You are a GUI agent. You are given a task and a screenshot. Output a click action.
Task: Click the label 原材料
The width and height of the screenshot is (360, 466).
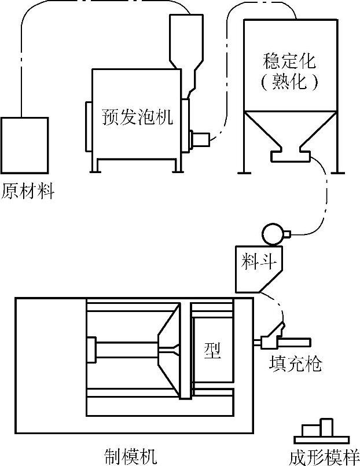point(28,190)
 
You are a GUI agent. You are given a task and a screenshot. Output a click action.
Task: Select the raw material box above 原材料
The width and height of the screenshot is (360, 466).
point(24,145)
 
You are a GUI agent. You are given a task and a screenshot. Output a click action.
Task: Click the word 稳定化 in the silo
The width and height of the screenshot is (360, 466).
point(289,60)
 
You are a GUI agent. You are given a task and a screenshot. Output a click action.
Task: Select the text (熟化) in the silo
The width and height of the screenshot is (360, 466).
point(289,82)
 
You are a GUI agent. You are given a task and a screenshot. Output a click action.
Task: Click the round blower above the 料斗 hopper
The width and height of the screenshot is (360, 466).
point(271,233)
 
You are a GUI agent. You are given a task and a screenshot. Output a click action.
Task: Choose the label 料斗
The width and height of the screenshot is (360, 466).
point(260,262)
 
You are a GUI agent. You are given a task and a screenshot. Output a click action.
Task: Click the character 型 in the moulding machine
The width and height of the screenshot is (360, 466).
point(212,350)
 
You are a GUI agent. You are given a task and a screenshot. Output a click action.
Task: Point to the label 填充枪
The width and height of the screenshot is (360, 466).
point(295,365)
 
